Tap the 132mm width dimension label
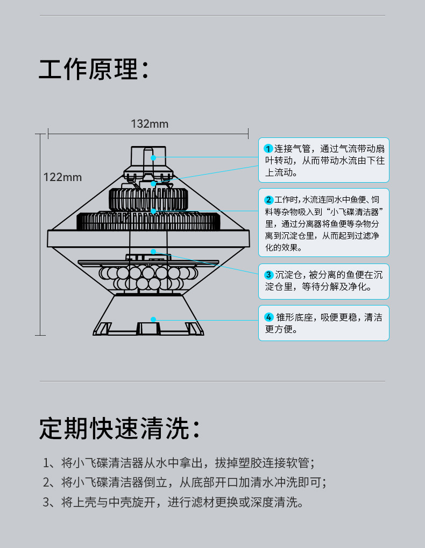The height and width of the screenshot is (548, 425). click(150, 124)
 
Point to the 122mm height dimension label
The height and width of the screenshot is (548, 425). click(62, 177)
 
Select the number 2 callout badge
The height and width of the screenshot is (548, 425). click(268, 200)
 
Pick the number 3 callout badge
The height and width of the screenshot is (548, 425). click(268, 275)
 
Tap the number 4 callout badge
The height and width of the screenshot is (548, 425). click(268, 317)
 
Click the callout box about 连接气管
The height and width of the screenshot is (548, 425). click(324, 161)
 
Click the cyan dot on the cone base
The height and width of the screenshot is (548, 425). click(153, 319)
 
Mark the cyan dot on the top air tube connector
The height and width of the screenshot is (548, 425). click(153, 158)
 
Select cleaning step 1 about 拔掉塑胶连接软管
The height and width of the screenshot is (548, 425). click(178, 462)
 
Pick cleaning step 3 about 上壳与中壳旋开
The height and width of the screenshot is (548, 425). click(173, 502)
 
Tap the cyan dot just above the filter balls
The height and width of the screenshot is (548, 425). click(153, 251)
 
